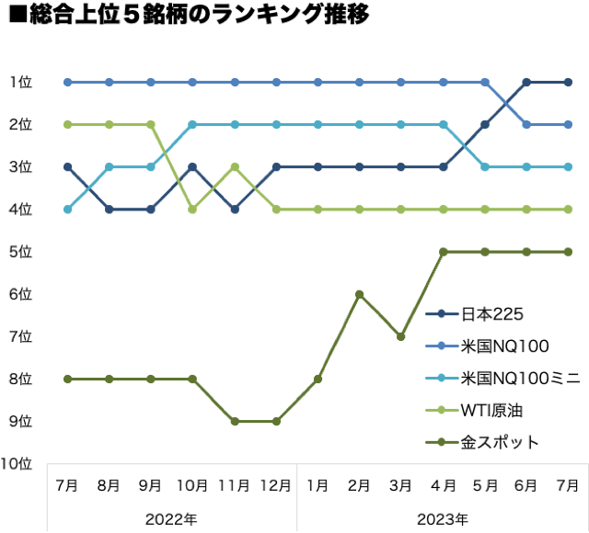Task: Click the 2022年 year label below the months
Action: point(171,518)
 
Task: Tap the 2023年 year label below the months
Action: point(443,518)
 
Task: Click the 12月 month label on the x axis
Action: point(276,484)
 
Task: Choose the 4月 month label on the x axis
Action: point(443,484)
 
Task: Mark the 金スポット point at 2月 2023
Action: point(360,294)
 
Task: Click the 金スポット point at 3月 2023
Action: point(401,336)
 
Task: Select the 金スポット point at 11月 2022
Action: point(235,421)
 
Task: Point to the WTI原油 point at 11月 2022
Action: point(235,166)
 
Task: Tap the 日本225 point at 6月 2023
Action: point(526,82)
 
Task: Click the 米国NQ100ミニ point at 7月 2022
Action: point(67,209)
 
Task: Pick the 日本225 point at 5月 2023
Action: point(485,124)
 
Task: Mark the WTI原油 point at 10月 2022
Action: point(192,209)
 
